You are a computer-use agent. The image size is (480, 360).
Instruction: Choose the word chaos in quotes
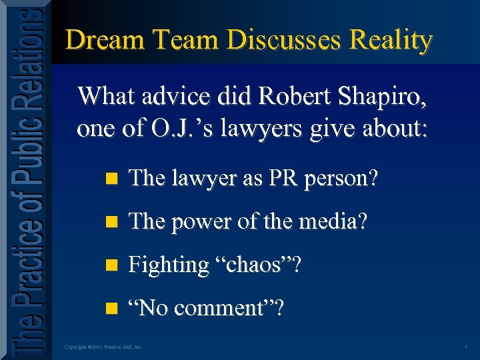tap(255, 265)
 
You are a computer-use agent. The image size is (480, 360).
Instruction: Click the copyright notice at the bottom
tap(103, 347)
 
